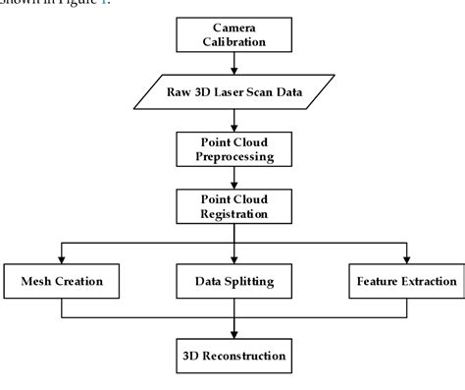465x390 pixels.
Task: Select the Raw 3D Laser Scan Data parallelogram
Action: point(234,94)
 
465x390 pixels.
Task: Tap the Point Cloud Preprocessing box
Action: point(233,149)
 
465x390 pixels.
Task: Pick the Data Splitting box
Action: point(233,282)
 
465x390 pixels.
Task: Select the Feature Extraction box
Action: point(405,282)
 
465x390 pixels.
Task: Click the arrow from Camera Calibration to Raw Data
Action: point(233,65)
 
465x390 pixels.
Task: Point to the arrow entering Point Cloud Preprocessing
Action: point(233,121)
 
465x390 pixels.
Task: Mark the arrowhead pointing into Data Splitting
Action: point(233,260)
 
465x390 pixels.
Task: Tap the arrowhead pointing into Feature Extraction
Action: point(405,260)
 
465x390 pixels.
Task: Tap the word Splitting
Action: point(250,282)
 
